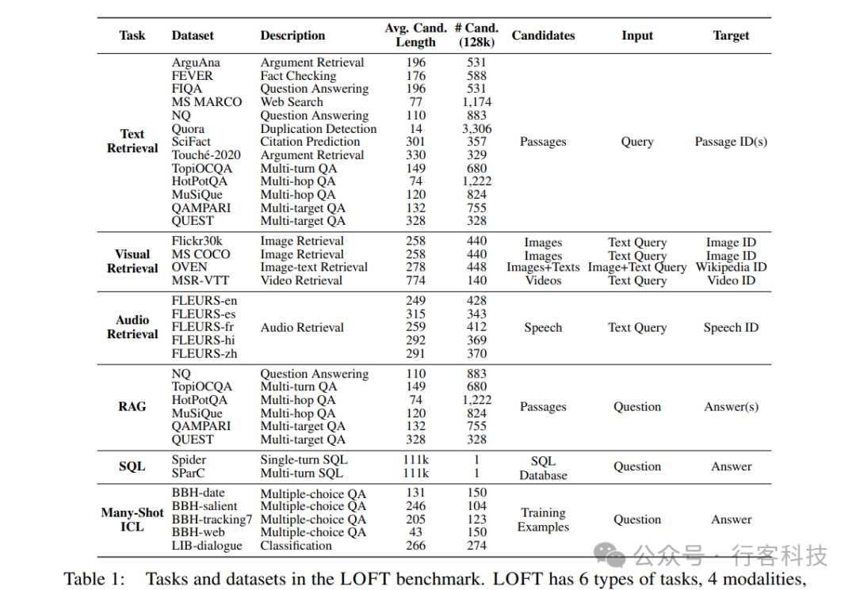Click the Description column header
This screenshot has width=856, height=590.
(x=292, y=36)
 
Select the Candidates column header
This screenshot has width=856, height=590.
(x=543, y=36)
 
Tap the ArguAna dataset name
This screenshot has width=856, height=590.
(x=196, y=63)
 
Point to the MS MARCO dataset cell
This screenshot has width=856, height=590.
(x=207, y=102)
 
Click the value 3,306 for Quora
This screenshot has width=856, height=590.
(x=476, y=128)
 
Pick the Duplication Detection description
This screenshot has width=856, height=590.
(x=319, y=128)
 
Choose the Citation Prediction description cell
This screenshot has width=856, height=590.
(x=310, y=142)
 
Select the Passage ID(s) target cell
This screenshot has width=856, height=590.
(x=731, y=142)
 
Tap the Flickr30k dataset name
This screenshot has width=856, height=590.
(x=197, y=241)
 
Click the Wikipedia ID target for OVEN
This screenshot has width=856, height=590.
(x=731, y=267)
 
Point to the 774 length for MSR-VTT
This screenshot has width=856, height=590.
(x=415, y=280)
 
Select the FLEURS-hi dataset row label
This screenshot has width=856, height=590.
(x=203, y=341)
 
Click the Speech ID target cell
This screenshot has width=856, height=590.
(x=731, y=328)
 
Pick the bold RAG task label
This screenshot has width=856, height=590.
(x=132, y=407)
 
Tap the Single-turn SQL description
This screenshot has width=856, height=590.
(x=304, y=459)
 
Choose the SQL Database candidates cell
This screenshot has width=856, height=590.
(x=543, y=468)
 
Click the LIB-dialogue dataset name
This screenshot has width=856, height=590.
(x=207, y=546)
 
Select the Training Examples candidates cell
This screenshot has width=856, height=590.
(x=543, y=520)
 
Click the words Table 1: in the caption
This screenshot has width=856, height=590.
(x=94, y=579)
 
